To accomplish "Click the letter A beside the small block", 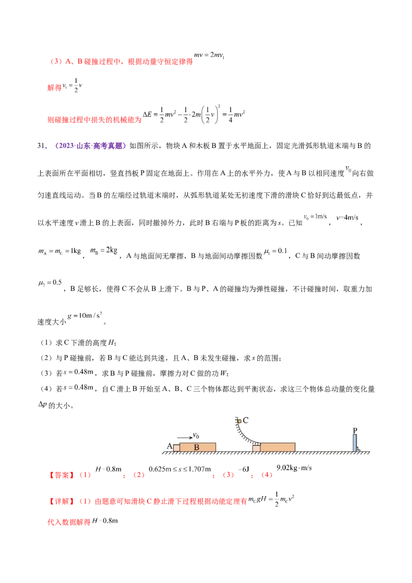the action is [x=169, y=446].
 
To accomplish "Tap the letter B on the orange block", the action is [x=196, y=448].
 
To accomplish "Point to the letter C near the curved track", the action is [x=246, y=420].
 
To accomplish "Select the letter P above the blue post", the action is [x=355, y=430].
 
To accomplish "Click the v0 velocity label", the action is [x=196, y=436].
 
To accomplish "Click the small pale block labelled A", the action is [x=176, y=448].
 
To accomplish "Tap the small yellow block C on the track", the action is [x=239, y=422].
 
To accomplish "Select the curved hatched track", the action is [x=242, y=435].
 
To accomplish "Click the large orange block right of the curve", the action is [x=278, y=447].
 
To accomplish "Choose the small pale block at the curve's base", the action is [x=256, y=449].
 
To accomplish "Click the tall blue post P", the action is [x=355, y=443].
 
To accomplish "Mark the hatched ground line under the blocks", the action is [x=268, y=454].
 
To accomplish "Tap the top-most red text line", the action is [x=122, y=62].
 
